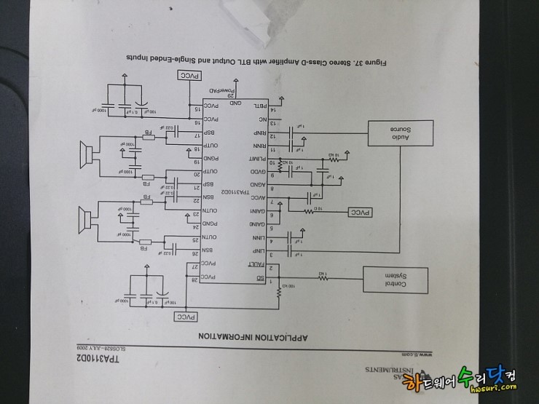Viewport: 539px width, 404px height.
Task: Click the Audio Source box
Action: click(400, 133)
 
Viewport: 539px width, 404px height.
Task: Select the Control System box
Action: click(394, 280)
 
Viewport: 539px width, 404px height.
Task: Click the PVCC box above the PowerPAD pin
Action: click(187, 75)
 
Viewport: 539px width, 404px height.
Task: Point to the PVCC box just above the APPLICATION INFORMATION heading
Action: click(186, 317)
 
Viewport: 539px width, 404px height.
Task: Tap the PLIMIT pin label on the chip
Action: click(256, 159)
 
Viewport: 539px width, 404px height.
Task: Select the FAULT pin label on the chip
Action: click(256, 267)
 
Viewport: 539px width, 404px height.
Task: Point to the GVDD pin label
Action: click(257, 173)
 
